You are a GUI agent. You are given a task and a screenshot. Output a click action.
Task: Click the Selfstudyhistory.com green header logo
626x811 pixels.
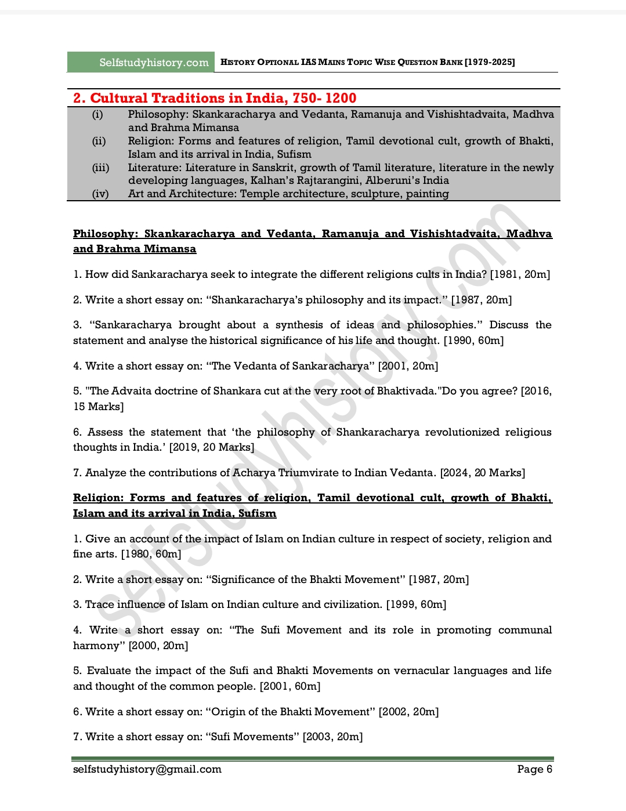coord(140,62)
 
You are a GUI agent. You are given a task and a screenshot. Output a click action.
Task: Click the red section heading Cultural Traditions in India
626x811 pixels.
coord(215,98)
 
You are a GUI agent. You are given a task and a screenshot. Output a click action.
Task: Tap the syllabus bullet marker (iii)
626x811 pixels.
coord(100,168)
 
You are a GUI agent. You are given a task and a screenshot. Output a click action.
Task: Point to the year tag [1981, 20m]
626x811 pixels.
coord(520,274)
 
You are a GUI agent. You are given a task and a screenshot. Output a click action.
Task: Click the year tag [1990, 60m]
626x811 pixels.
coord(473,341)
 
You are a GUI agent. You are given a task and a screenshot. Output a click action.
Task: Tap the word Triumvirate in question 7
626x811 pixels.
coord(313,473)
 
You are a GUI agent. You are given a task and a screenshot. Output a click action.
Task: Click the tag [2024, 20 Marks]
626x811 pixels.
coord(483,473)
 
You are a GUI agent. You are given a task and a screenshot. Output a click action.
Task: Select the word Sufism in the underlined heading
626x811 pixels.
coord(257,513)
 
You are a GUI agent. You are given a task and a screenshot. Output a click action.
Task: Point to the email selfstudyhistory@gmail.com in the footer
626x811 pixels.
coord(147,769)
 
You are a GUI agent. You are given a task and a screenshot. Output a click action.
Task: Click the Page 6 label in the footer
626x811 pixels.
coord(534,769)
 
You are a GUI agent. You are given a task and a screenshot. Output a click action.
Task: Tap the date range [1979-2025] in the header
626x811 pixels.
coord(490,62)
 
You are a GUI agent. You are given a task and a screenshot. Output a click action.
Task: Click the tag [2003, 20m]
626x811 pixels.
coord(332,737)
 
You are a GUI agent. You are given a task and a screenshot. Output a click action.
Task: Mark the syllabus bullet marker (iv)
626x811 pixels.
coord(100,194)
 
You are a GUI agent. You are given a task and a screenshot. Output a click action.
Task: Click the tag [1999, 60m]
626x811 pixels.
coord(416,604)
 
